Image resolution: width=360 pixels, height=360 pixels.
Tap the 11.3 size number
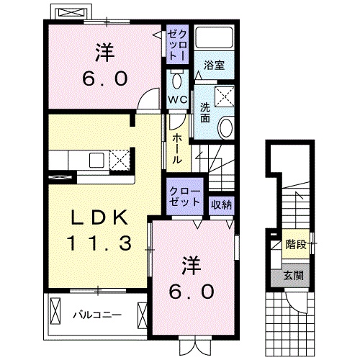pos(99,243)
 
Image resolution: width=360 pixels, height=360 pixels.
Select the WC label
pos(178,99)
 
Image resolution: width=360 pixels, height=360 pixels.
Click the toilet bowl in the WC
pos(177,81)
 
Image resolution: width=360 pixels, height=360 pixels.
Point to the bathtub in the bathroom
pos(214,37)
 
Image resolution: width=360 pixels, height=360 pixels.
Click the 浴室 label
pos(214,65)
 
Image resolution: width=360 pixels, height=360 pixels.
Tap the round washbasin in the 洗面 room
pos(226,127)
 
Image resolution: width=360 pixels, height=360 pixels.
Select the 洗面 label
pos(205,112)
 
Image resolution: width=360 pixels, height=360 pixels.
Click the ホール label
pos(177,149)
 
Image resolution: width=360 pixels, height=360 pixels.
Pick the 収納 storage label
pos(221,204)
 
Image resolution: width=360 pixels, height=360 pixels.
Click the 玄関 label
pos(294,275)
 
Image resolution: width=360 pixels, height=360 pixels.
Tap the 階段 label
pos(296,245)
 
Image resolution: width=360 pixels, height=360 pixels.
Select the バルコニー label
pos(97,315)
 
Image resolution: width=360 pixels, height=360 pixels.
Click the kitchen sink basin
pos(96,160)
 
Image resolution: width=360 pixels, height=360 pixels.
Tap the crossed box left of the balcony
pos(55,312)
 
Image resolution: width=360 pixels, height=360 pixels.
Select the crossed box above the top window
pos(71,13)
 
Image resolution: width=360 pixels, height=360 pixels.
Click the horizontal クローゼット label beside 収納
pos(184,197)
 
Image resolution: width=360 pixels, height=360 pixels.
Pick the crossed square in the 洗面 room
pos(225,96)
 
